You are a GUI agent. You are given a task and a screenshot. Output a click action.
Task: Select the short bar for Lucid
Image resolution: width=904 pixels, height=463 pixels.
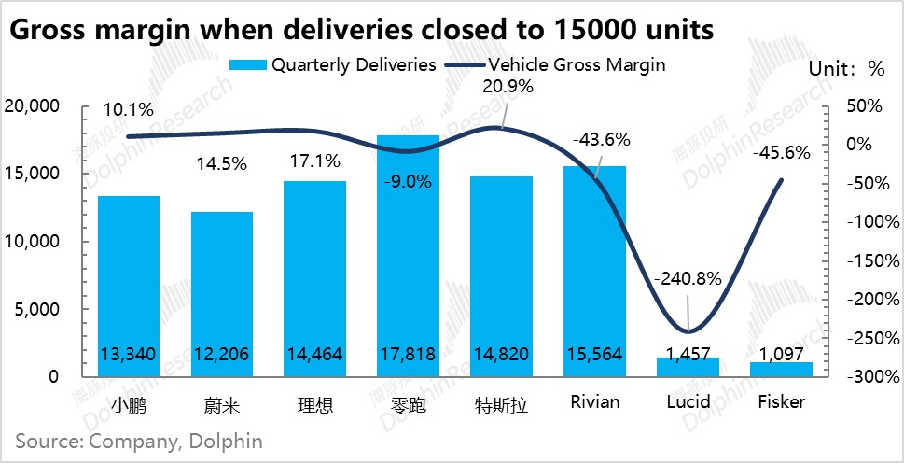688,367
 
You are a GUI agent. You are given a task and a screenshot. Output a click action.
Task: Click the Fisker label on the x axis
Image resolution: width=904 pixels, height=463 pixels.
781,402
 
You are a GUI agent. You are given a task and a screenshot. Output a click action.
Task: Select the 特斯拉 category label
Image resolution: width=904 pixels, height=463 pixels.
501,403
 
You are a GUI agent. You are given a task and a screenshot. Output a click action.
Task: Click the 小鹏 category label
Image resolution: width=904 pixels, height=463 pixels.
128,403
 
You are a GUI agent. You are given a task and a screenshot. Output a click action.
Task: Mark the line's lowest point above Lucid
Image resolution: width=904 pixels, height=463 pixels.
688,331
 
